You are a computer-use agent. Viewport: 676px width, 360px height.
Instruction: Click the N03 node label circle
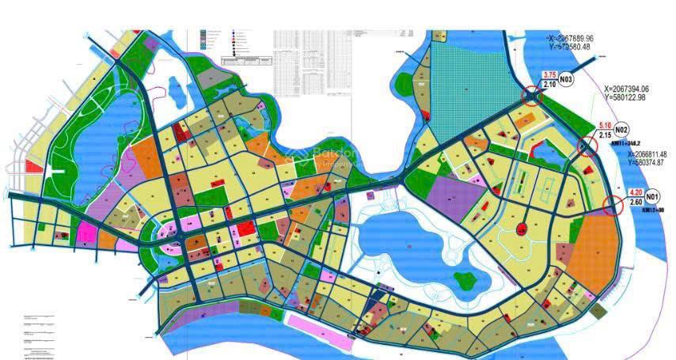tap(566, 80)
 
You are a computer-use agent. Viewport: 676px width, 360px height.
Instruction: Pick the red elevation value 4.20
tap(635, 192)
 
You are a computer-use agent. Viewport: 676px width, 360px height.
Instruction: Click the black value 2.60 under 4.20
tap(635, 202)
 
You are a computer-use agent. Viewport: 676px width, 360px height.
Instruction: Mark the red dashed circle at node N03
tap(532, 96)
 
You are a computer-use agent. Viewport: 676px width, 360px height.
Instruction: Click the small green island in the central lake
tap(465, 279)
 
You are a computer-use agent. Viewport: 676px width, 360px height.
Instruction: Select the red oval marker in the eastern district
tap(521, 229)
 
